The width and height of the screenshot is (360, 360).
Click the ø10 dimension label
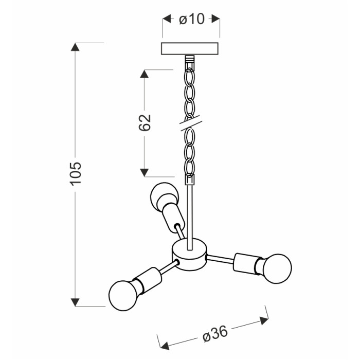191,19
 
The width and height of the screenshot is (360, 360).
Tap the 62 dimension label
145,122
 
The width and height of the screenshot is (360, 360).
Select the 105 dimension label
76,174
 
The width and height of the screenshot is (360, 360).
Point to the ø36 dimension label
215,334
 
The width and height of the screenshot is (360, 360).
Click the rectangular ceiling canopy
190,48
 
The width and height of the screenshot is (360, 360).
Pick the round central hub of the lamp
189,255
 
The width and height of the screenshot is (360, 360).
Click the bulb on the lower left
123,295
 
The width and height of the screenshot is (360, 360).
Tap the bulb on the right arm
277,268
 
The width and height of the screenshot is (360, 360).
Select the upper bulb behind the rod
164,195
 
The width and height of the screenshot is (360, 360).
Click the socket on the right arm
247,263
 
